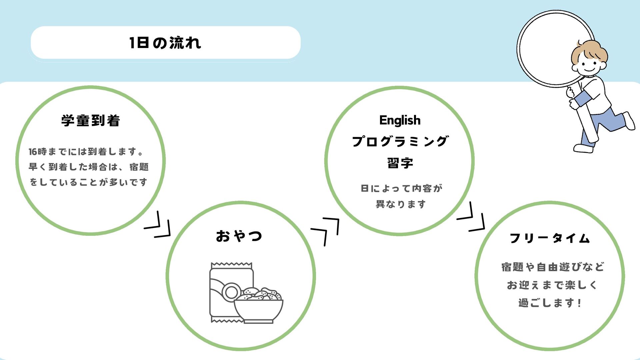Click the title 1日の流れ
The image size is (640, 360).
tap(165, 43)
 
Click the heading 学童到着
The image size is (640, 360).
tap(91, 121)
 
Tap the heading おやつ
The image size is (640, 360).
tap(239, 236)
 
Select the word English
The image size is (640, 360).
tap(400, 120)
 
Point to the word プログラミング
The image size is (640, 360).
tap(400, 142)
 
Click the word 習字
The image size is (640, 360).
tap(400, 163)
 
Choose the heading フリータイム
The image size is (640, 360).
tap(550, 238)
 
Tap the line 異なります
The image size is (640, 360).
tap(401, 204)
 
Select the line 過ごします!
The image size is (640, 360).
tap(550, 303)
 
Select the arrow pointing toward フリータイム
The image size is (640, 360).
tap(471, 217)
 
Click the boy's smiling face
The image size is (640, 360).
tap(588, 65)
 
